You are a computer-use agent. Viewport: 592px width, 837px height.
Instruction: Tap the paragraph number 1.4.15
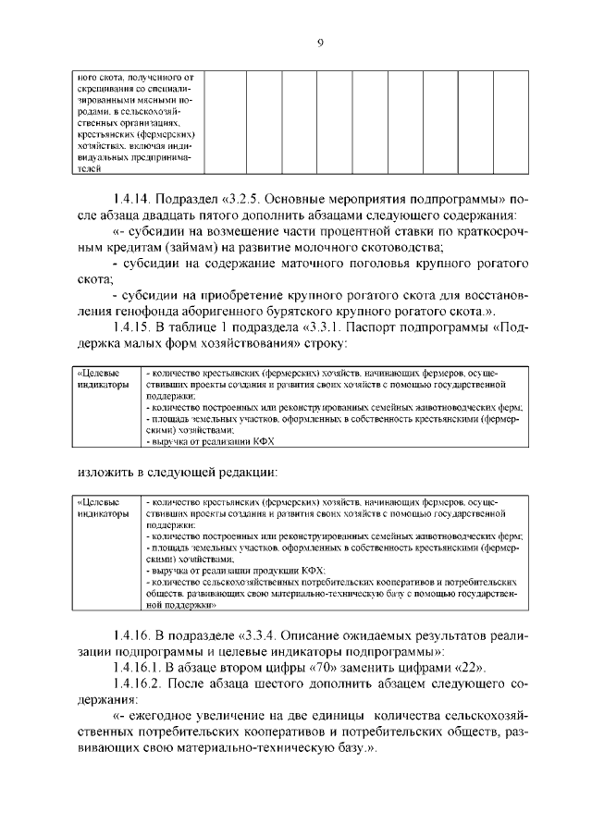click(137, 326)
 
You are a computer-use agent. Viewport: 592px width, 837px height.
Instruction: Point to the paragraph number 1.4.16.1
click(142, 667)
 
